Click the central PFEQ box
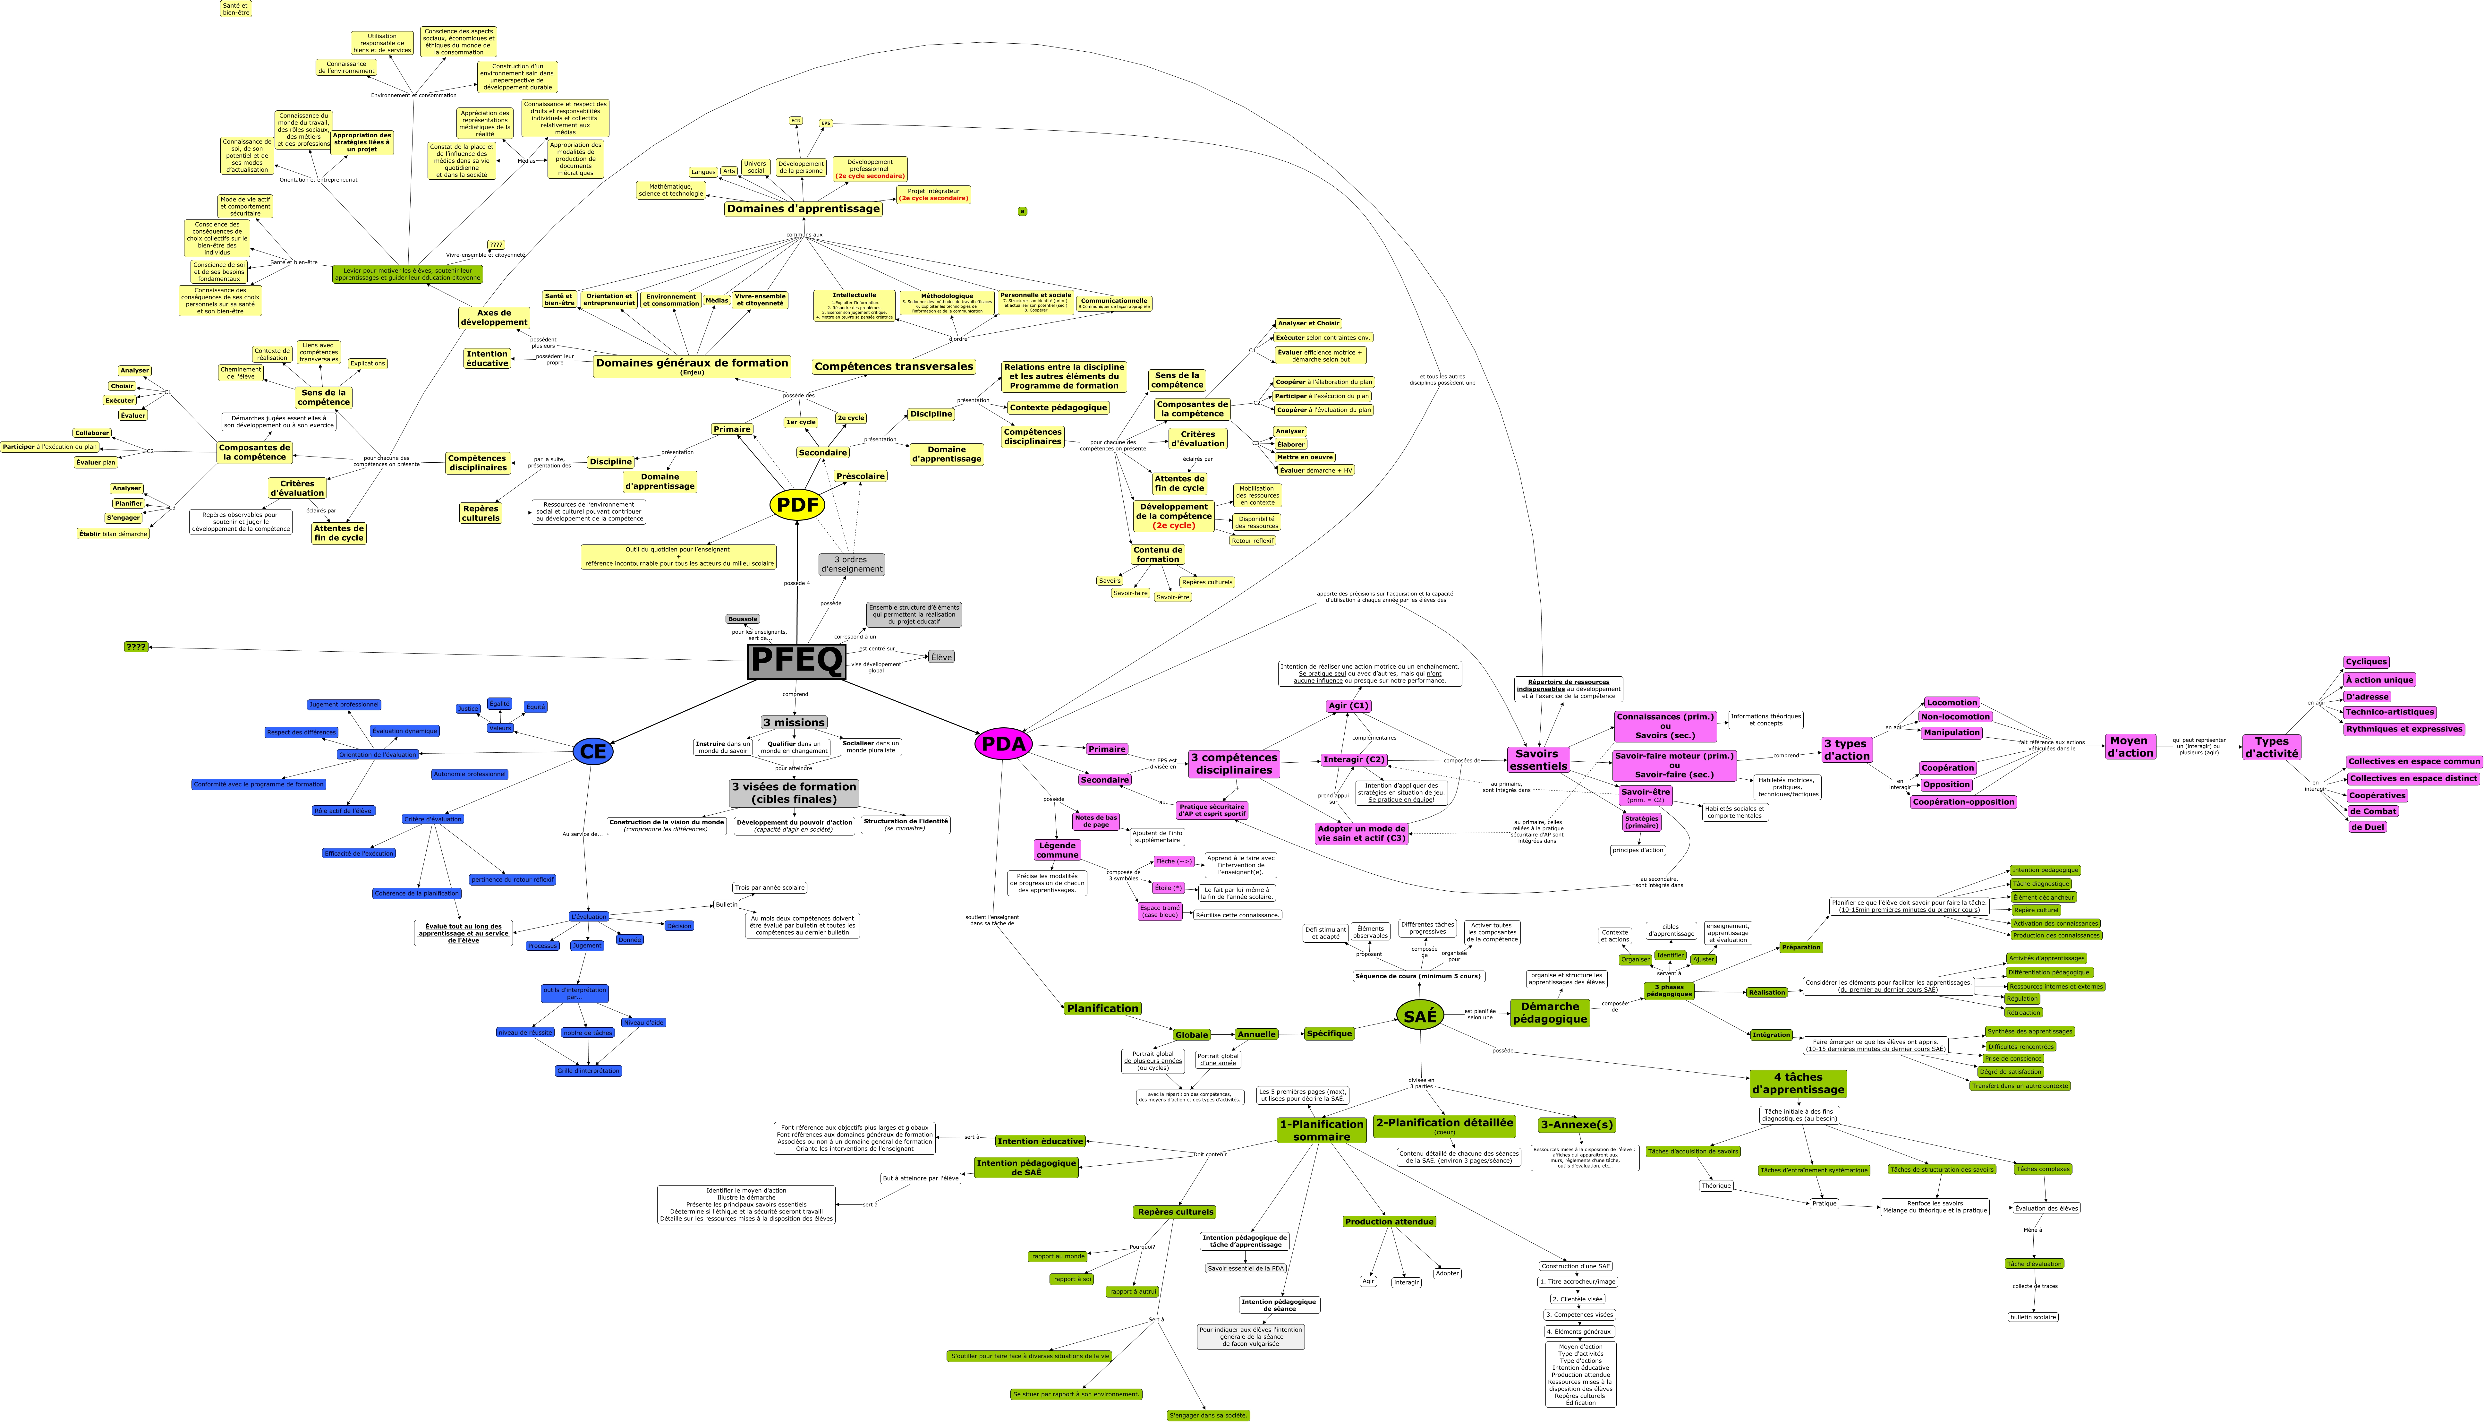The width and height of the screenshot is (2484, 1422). [796, 661]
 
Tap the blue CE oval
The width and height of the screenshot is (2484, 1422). [593, 751]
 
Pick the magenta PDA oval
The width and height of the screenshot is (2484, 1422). [1003, 744]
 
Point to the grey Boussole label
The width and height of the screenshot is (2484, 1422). [742, 619]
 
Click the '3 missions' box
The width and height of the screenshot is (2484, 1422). [794, 723]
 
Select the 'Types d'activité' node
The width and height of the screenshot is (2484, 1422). [2271, 747]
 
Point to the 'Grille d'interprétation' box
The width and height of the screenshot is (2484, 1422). [588, 1070]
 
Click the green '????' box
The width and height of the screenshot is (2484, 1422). [136, 647]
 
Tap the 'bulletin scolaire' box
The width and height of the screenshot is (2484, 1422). [2033, 1316]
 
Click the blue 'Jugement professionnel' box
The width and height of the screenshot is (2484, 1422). [344, 704]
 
